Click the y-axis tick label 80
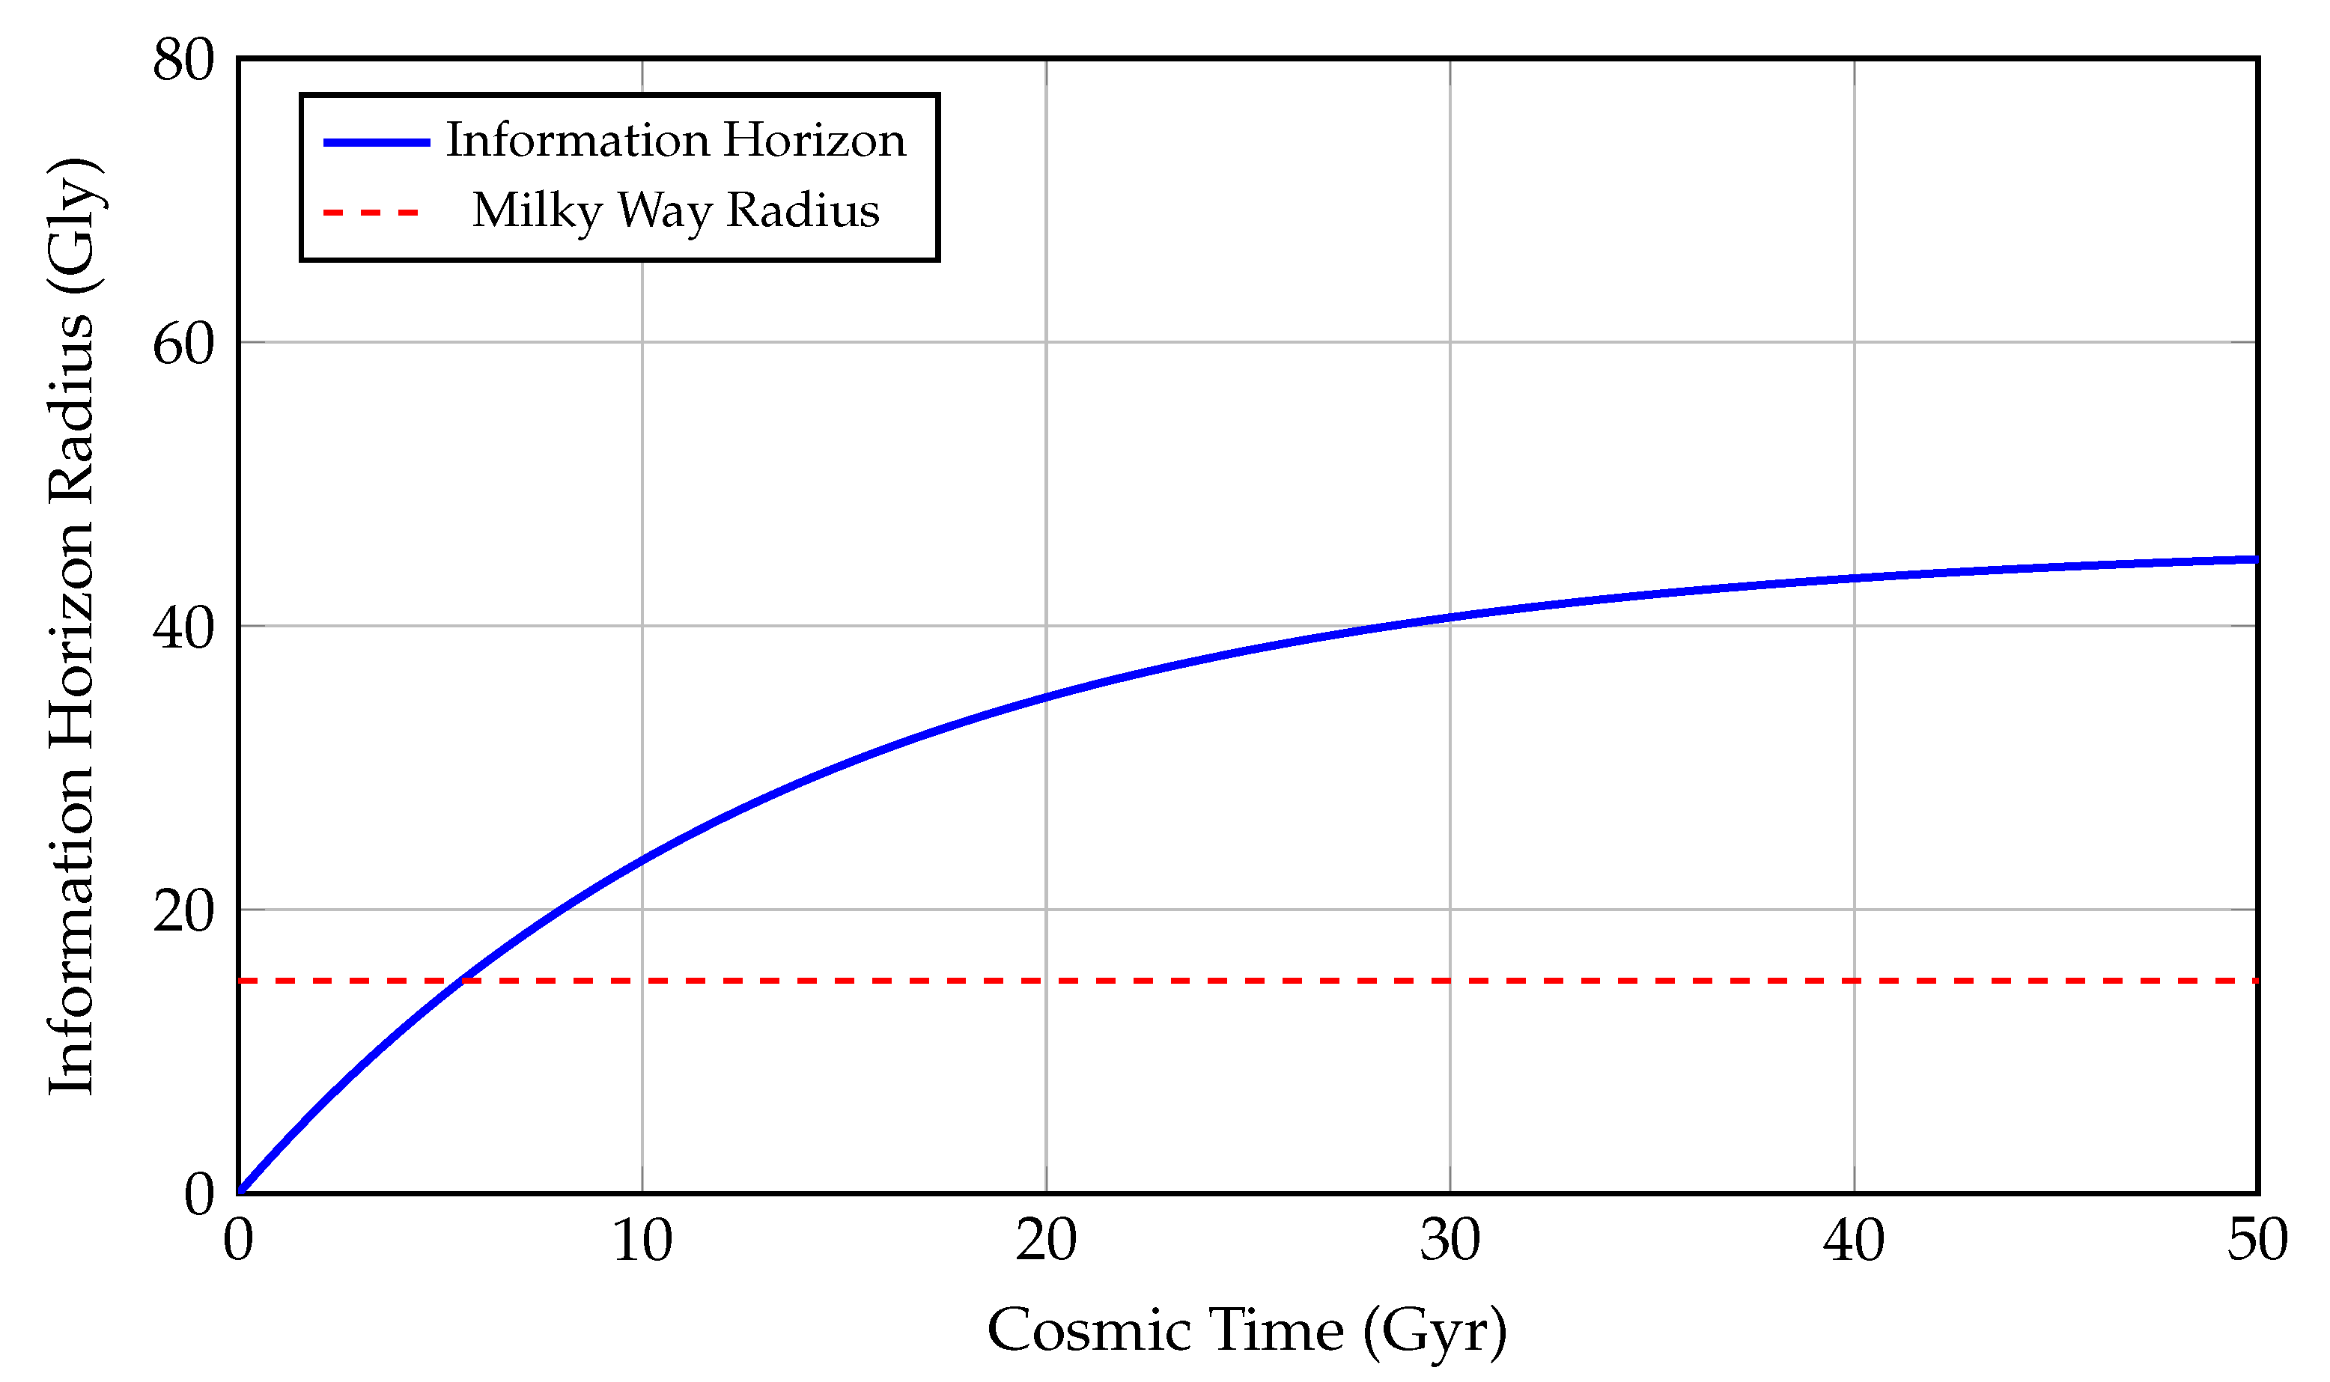click(x=183, y=61)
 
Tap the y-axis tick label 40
click(x=183, y=629)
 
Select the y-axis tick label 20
click(x=183, y=912)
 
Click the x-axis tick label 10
click(x=642, y=1241)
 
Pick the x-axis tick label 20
click(x=1046, y=1241)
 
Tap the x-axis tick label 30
click(x=1450, y=1241)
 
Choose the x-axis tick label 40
click(x=1854, y=1241)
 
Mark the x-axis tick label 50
click(x=2257, y=1241)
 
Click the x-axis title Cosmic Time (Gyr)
click(x=1247, y=1331)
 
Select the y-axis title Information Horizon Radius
click(x=73, y=626)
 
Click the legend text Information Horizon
click(x=675, y=141)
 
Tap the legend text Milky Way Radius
click(x=675, y=210)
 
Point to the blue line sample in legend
click(x=376, y=142)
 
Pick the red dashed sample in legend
click(x=371, y=213)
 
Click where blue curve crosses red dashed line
click(x=461, y=981)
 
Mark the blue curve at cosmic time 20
click(x=1046, y=696)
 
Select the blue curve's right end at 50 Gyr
click(x=2254, y=561)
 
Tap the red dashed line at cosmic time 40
click(x=1854, y=981)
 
